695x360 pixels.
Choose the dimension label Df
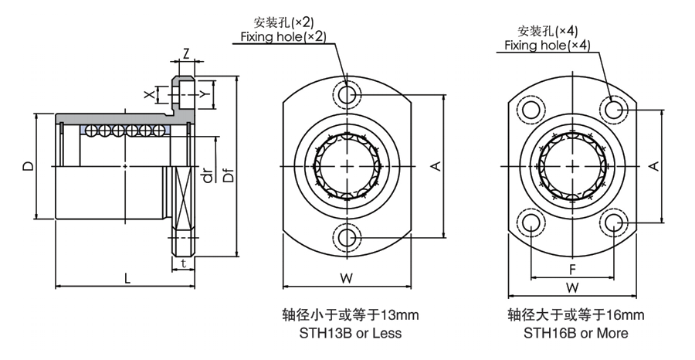coord(228,176)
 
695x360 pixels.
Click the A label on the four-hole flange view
coord(654,166)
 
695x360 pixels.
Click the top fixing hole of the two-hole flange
coord(347,96)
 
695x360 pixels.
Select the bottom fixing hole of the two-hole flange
coord(347,235)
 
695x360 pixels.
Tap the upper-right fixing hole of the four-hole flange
coord(615,110)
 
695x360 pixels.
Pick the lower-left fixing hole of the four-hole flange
coord(531,223)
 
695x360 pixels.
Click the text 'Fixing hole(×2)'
coord(283,36)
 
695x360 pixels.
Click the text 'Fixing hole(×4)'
coord(548,46)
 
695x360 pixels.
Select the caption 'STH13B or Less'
coord(350,334)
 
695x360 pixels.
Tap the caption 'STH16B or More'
coord(576,334)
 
